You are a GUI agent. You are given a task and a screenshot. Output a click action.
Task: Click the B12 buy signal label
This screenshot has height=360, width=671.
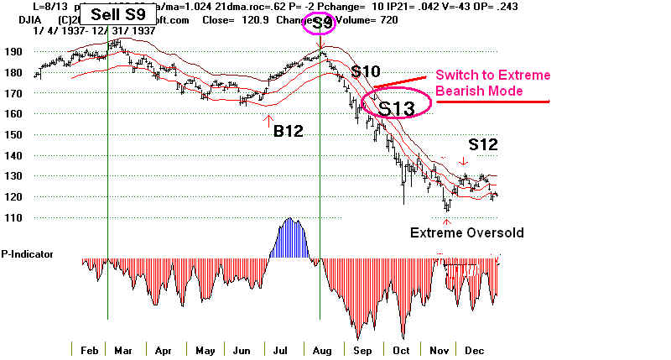coord(288,130)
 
